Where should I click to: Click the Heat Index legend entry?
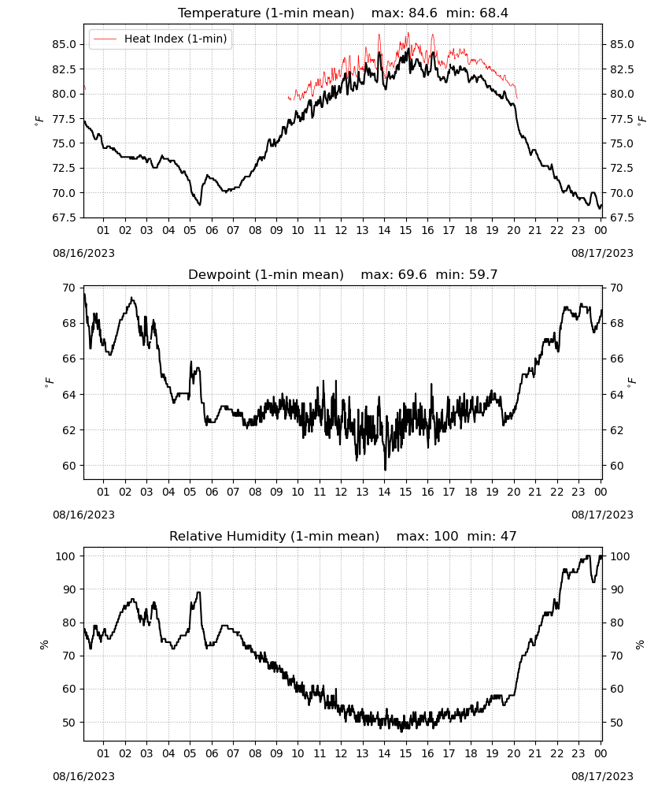160,39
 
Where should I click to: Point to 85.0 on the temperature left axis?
64,44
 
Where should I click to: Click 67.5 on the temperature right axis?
622,217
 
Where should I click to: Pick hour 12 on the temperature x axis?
341,230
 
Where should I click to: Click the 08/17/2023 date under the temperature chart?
602,253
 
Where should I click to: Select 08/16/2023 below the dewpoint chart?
83,515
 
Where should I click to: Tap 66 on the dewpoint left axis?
69,359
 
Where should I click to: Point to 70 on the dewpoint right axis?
616,288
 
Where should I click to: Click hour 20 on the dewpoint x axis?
513,492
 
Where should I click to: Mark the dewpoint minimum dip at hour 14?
385,469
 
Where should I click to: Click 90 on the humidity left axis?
69,589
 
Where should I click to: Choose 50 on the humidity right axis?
616,722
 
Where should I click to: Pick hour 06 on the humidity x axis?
211,753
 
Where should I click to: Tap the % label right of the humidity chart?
640,645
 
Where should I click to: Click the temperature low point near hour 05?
199,204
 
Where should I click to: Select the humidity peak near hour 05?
199,593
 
